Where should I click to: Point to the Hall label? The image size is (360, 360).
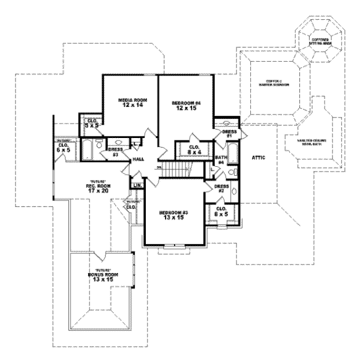[x=139, y=159]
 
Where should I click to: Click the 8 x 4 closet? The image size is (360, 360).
[x=194, y=150]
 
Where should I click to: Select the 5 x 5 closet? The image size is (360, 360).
[x=91, y=124]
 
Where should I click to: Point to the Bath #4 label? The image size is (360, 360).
[x=220, y=160]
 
